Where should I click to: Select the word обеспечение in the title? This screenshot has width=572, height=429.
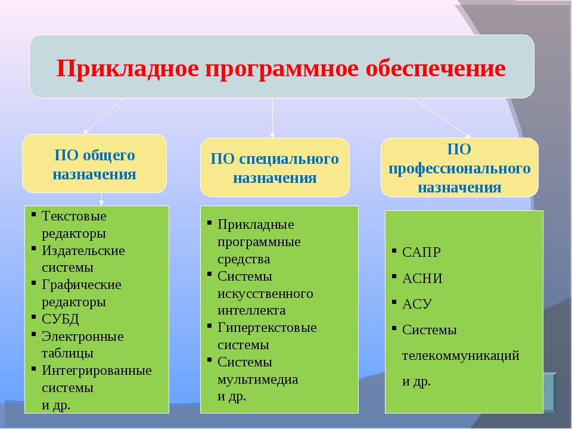[436, 68]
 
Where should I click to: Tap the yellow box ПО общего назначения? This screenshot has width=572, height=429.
[95, 163]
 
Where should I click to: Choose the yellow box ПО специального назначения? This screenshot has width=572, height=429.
[275, 167]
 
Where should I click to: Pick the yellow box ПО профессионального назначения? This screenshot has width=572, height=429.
[459, 167]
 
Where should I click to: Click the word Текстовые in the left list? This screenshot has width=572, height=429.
[74, 216]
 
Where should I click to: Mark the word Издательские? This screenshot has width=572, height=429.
[83, 251]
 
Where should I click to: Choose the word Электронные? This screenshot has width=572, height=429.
[82, 336]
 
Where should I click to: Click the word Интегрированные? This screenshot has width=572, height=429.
[97, 370]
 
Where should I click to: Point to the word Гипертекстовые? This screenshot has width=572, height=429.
[267, 328]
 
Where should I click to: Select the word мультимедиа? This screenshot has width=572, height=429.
[257, 380]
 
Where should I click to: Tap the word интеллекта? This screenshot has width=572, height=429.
[251, 310]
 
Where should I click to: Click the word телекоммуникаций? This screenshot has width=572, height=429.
[461, 355]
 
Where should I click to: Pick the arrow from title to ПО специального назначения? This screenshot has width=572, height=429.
[272, 118]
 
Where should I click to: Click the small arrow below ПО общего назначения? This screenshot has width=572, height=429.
[101, 199]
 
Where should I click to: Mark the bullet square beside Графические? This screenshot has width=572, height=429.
[33, 282]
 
